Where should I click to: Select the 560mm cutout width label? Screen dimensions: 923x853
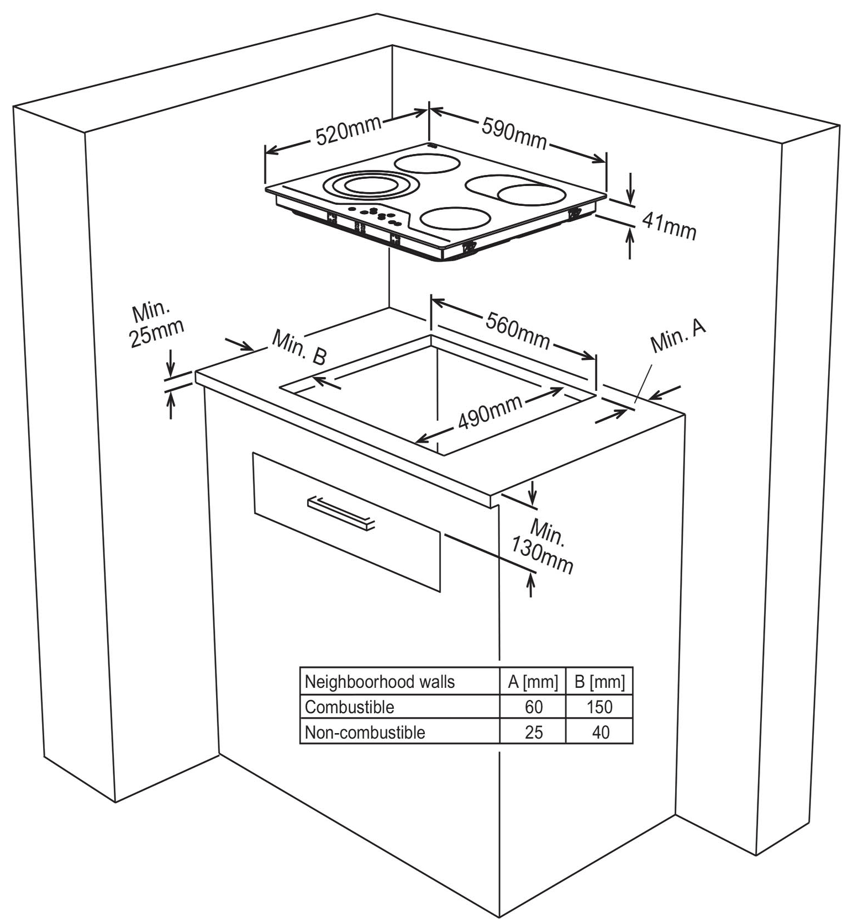[518, 331]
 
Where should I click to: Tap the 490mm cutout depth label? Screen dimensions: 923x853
[489, 412]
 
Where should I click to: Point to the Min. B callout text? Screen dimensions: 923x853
[299, 348]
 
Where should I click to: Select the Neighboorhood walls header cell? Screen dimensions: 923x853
[380, 682]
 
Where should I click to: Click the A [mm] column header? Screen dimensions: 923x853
[533, 682]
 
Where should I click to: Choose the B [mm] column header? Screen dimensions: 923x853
[599, 682]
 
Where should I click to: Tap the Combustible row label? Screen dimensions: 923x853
[350, 707]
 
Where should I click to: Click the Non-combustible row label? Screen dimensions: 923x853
[365, 733]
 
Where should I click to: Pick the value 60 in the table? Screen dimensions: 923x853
[534, 707]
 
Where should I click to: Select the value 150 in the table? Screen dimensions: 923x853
[599, 707]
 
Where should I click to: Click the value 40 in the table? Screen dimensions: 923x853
[600, 733]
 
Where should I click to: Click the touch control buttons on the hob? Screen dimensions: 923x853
[376, 215]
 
